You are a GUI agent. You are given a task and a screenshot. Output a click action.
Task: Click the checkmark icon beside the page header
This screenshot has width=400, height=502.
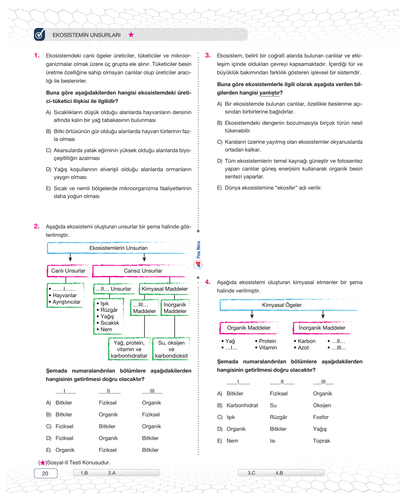click(39, 35)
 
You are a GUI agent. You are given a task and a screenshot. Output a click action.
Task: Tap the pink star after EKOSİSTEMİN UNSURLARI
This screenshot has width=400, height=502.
click(131, 35)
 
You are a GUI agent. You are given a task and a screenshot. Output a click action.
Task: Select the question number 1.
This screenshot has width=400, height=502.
click(37, 56)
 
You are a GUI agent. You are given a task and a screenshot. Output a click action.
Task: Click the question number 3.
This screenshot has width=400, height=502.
click(208, 56)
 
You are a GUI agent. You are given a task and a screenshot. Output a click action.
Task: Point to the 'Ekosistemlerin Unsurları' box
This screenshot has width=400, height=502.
click(118, 248)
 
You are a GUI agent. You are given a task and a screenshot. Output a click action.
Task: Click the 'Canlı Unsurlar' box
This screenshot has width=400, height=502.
click(68, 271)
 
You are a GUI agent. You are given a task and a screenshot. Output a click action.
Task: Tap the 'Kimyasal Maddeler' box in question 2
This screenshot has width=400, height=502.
click(165, 289)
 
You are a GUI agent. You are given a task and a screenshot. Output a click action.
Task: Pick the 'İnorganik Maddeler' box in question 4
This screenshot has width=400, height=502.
click(322, 328)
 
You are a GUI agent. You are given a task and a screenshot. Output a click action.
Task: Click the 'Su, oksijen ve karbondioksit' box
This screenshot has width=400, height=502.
click(171, 349)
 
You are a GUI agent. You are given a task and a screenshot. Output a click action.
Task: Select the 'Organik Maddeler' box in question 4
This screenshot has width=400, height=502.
click(249, 328)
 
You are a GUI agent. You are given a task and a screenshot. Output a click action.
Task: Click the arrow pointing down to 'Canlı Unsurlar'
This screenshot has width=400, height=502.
click(70, 258)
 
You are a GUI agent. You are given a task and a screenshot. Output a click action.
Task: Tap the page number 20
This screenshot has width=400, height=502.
click(45, 473)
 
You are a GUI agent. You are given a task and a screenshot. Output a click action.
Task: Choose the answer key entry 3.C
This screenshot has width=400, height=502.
click(251, 473)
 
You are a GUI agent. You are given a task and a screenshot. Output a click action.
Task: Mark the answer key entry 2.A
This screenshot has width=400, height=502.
click(112, 473)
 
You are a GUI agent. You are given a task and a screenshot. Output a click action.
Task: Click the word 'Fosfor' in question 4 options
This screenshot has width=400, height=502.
click(321, 417)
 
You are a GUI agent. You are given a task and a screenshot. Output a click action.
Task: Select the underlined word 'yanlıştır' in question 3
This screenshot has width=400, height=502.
click(269, 93)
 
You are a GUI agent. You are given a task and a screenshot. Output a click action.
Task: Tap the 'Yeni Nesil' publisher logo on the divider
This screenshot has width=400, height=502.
click(198, 255)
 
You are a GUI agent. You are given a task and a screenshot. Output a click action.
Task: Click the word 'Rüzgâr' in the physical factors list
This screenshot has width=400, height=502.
click(109, 310)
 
